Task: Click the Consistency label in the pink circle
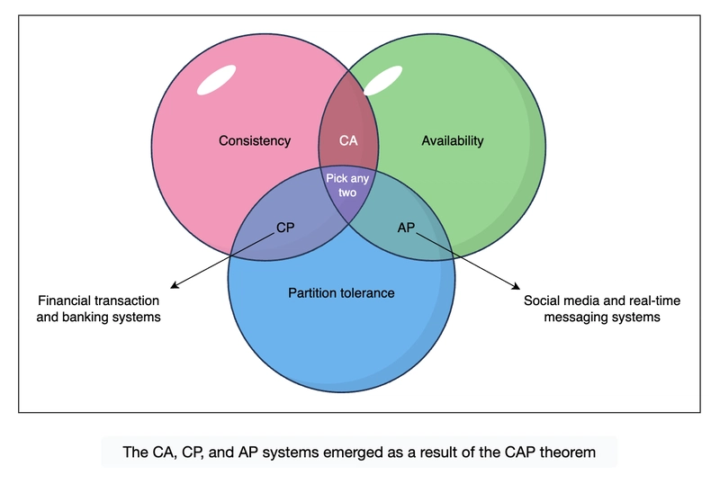255,140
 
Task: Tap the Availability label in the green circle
453,140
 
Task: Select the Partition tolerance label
341,293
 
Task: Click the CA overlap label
348,140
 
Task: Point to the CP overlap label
284,228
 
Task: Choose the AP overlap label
406,228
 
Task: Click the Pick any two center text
348,185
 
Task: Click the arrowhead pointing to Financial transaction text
173,287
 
